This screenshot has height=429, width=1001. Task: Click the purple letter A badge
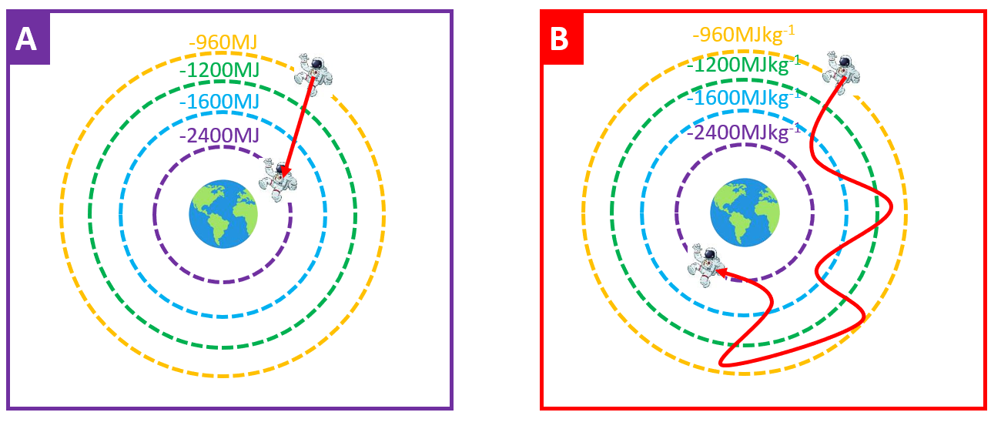coord(28,38)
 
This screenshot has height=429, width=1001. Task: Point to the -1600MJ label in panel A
coord(219,102)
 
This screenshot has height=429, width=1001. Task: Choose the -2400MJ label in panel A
coord(219,136)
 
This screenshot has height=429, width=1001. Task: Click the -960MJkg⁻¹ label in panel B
coord(743,35)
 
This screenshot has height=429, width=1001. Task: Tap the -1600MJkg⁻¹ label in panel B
coord(743,98)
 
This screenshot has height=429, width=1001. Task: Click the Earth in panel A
coord(223,213)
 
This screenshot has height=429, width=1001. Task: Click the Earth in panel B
coord(744,213)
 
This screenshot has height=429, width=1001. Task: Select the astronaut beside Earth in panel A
coord(279,179)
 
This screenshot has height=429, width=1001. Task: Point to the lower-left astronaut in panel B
coord(707,265)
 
